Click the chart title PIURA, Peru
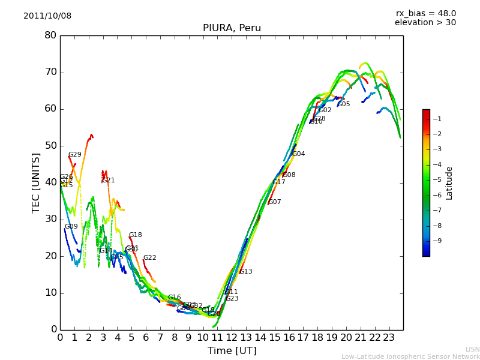tap(232, 28)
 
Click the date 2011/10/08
tap(47, 16)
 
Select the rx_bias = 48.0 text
tap(425, 14)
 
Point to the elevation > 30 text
tap(425, 23)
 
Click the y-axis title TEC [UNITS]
tap(36, 182)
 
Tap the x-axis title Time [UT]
tap(232, 350)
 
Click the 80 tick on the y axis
tap(50, 35)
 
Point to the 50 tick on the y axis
tap(50, 146)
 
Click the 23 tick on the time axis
tap(389, 338)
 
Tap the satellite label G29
tap(74, 155)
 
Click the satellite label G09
tap(71, 227)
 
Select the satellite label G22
tap(149, 258)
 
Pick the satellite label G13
tap(245, 272)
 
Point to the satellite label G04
tap(298, 154)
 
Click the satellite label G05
tap(344, 104)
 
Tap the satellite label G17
tap(279, 182)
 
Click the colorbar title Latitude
tap(449, 183)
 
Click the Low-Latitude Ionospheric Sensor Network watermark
tap(410, 356)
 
